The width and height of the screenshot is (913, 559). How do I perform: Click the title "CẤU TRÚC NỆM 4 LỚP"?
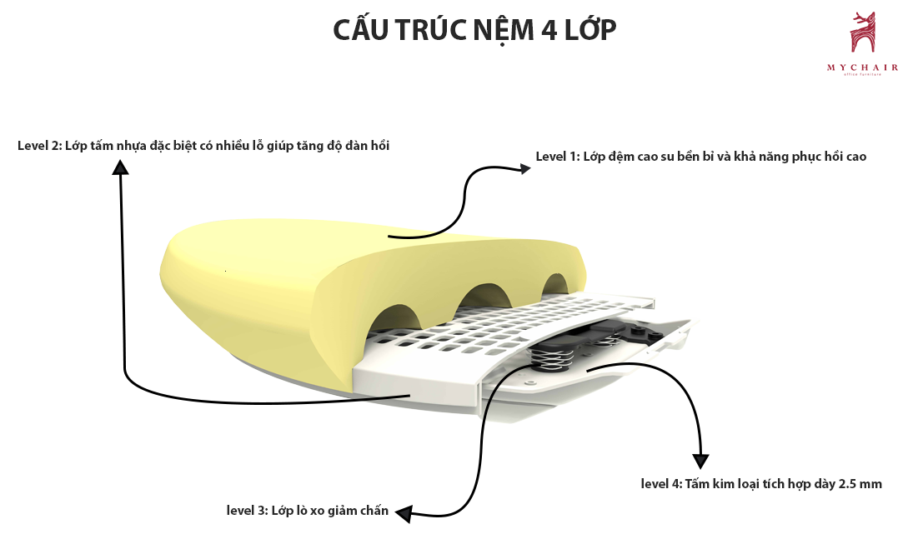point(474,30)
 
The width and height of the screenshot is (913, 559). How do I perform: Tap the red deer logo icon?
point(863,36)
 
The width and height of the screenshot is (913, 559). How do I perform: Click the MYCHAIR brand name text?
point(863,67)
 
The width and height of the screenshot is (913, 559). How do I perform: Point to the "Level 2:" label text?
point(39,146)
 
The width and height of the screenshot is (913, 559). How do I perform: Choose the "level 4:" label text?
point(661,483)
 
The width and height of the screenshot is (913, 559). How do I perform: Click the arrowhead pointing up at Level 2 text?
point(121,167)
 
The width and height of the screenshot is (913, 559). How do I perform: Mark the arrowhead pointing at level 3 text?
point(404,514)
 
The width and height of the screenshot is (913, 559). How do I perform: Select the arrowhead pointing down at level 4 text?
point(701,460)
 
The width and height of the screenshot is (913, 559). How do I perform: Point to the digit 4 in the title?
point(546,30)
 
